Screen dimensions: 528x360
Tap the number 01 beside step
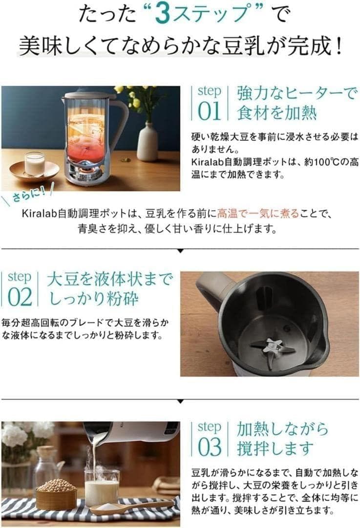209,111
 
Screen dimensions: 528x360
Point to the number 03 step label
210,447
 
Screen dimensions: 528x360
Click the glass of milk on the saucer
34,164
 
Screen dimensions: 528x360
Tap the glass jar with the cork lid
47,466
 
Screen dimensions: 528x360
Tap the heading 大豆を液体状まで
110,279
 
